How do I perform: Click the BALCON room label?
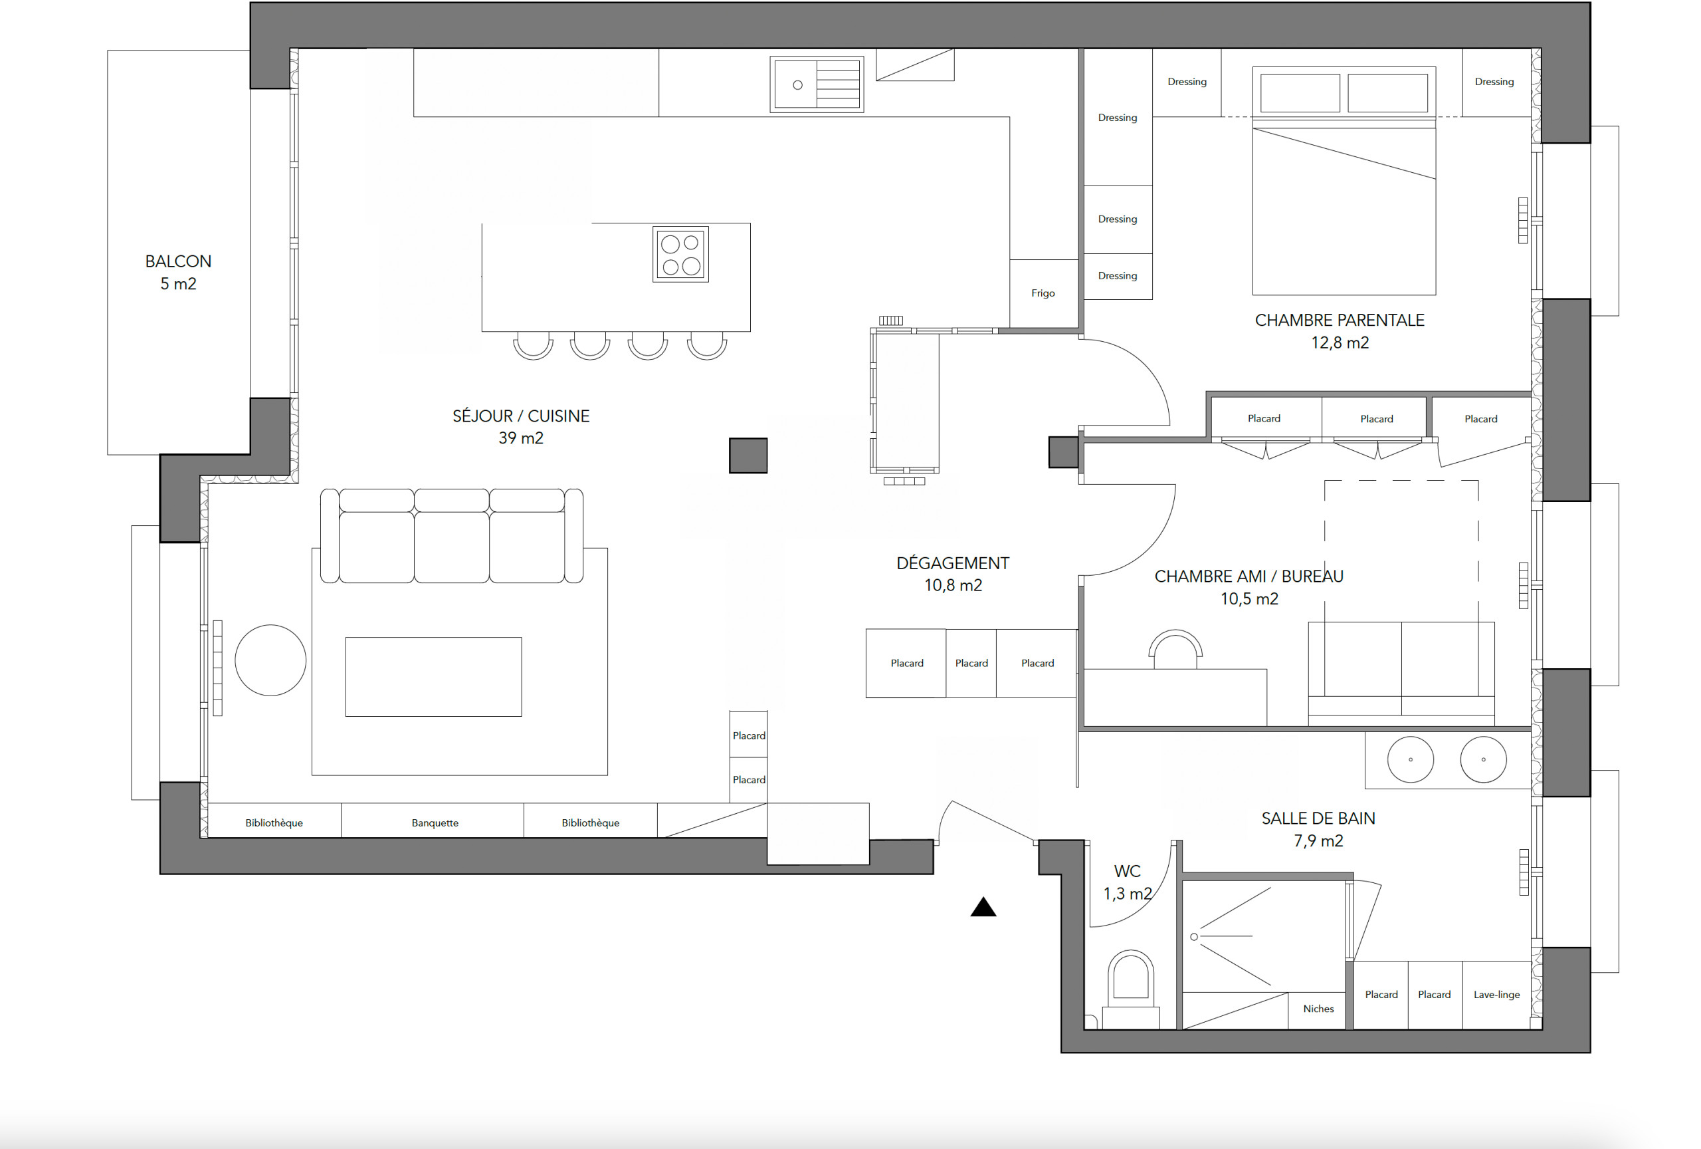click(x=178, y=261)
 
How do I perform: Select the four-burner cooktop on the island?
click(x=680, y=254)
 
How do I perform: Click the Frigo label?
click(x=1043, y=293)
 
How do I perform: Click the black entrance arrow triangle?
click(x=983, y=908)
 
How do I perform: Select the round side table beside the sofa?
click(x=270, y=660)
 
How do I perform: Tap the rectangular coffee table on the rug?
click(x=433, y=677)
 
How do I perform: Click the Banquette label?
click(x=435, y=823)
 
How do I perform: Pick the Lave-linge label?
click(x=1496, y=995)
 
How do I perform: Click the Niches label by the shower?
click(x=1318, y=1009)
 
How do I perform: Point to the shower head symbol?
click(x=1194, y=937)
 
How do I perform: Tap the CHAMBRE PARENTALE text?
click(x=1340, y=320)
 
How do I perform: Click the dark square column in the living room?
click(x=748, y=455)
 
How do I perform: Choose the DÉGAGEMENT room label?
click(x=952, y=563)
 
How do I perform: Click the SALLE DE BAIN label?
click(x=1318, y=818)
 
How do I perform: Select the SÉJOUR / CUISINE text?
click(x=520, y=416)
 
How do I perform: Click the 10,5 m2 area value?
click(x=1249, y=599)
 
